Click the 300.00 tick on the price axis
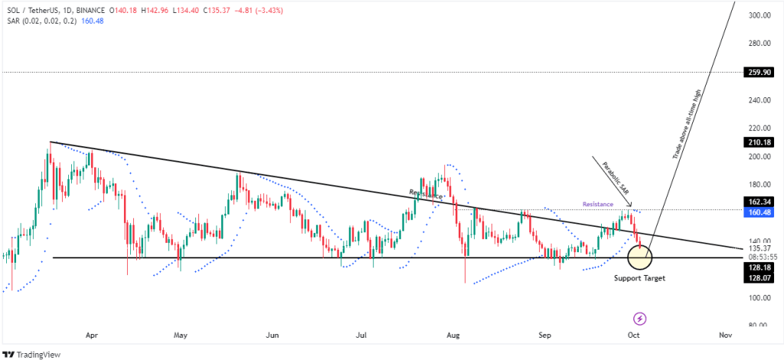pos(759,15)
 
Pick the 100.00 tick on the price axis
pos(759,297)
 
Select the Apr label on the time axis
pos(92,335)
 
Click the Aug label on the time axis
pos(454,335)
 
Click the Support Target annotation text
pos(639,277)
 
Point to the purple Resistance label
pos(598,205)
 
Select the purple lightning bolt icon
pos(640,318)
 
